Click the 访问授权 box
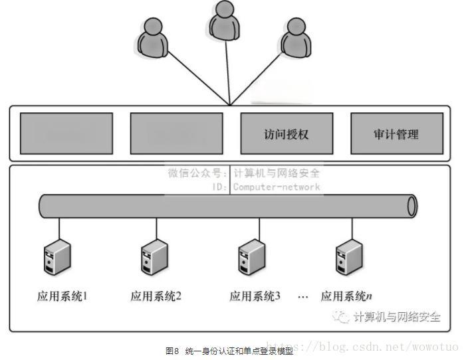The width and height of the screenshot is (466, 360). (287, 134)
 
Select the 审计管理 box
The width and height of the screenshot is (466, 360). (396, 134)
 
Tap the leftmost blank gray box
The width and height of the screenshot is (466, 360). (66, 134)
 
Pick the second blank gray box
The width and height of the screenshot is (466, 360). (176, 134)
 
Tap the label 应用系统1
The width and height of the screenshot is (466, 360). (62, 296)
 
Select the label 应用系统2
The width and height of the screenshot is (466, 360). (156, 296)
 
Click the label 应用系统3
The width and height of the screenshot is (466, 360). (255, 296)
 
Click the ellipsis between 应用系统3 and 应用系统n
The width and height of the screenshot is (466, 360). (303, 297)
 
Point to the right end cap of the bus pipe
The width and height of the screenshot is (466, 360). (412, 206)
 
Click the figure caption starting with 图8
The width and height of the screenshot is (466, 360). (229, 350)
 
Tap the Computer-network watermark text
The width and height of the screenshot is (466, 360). (276, 187)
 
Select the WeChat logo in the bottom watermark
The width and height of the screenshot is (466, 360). (342, 317)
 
